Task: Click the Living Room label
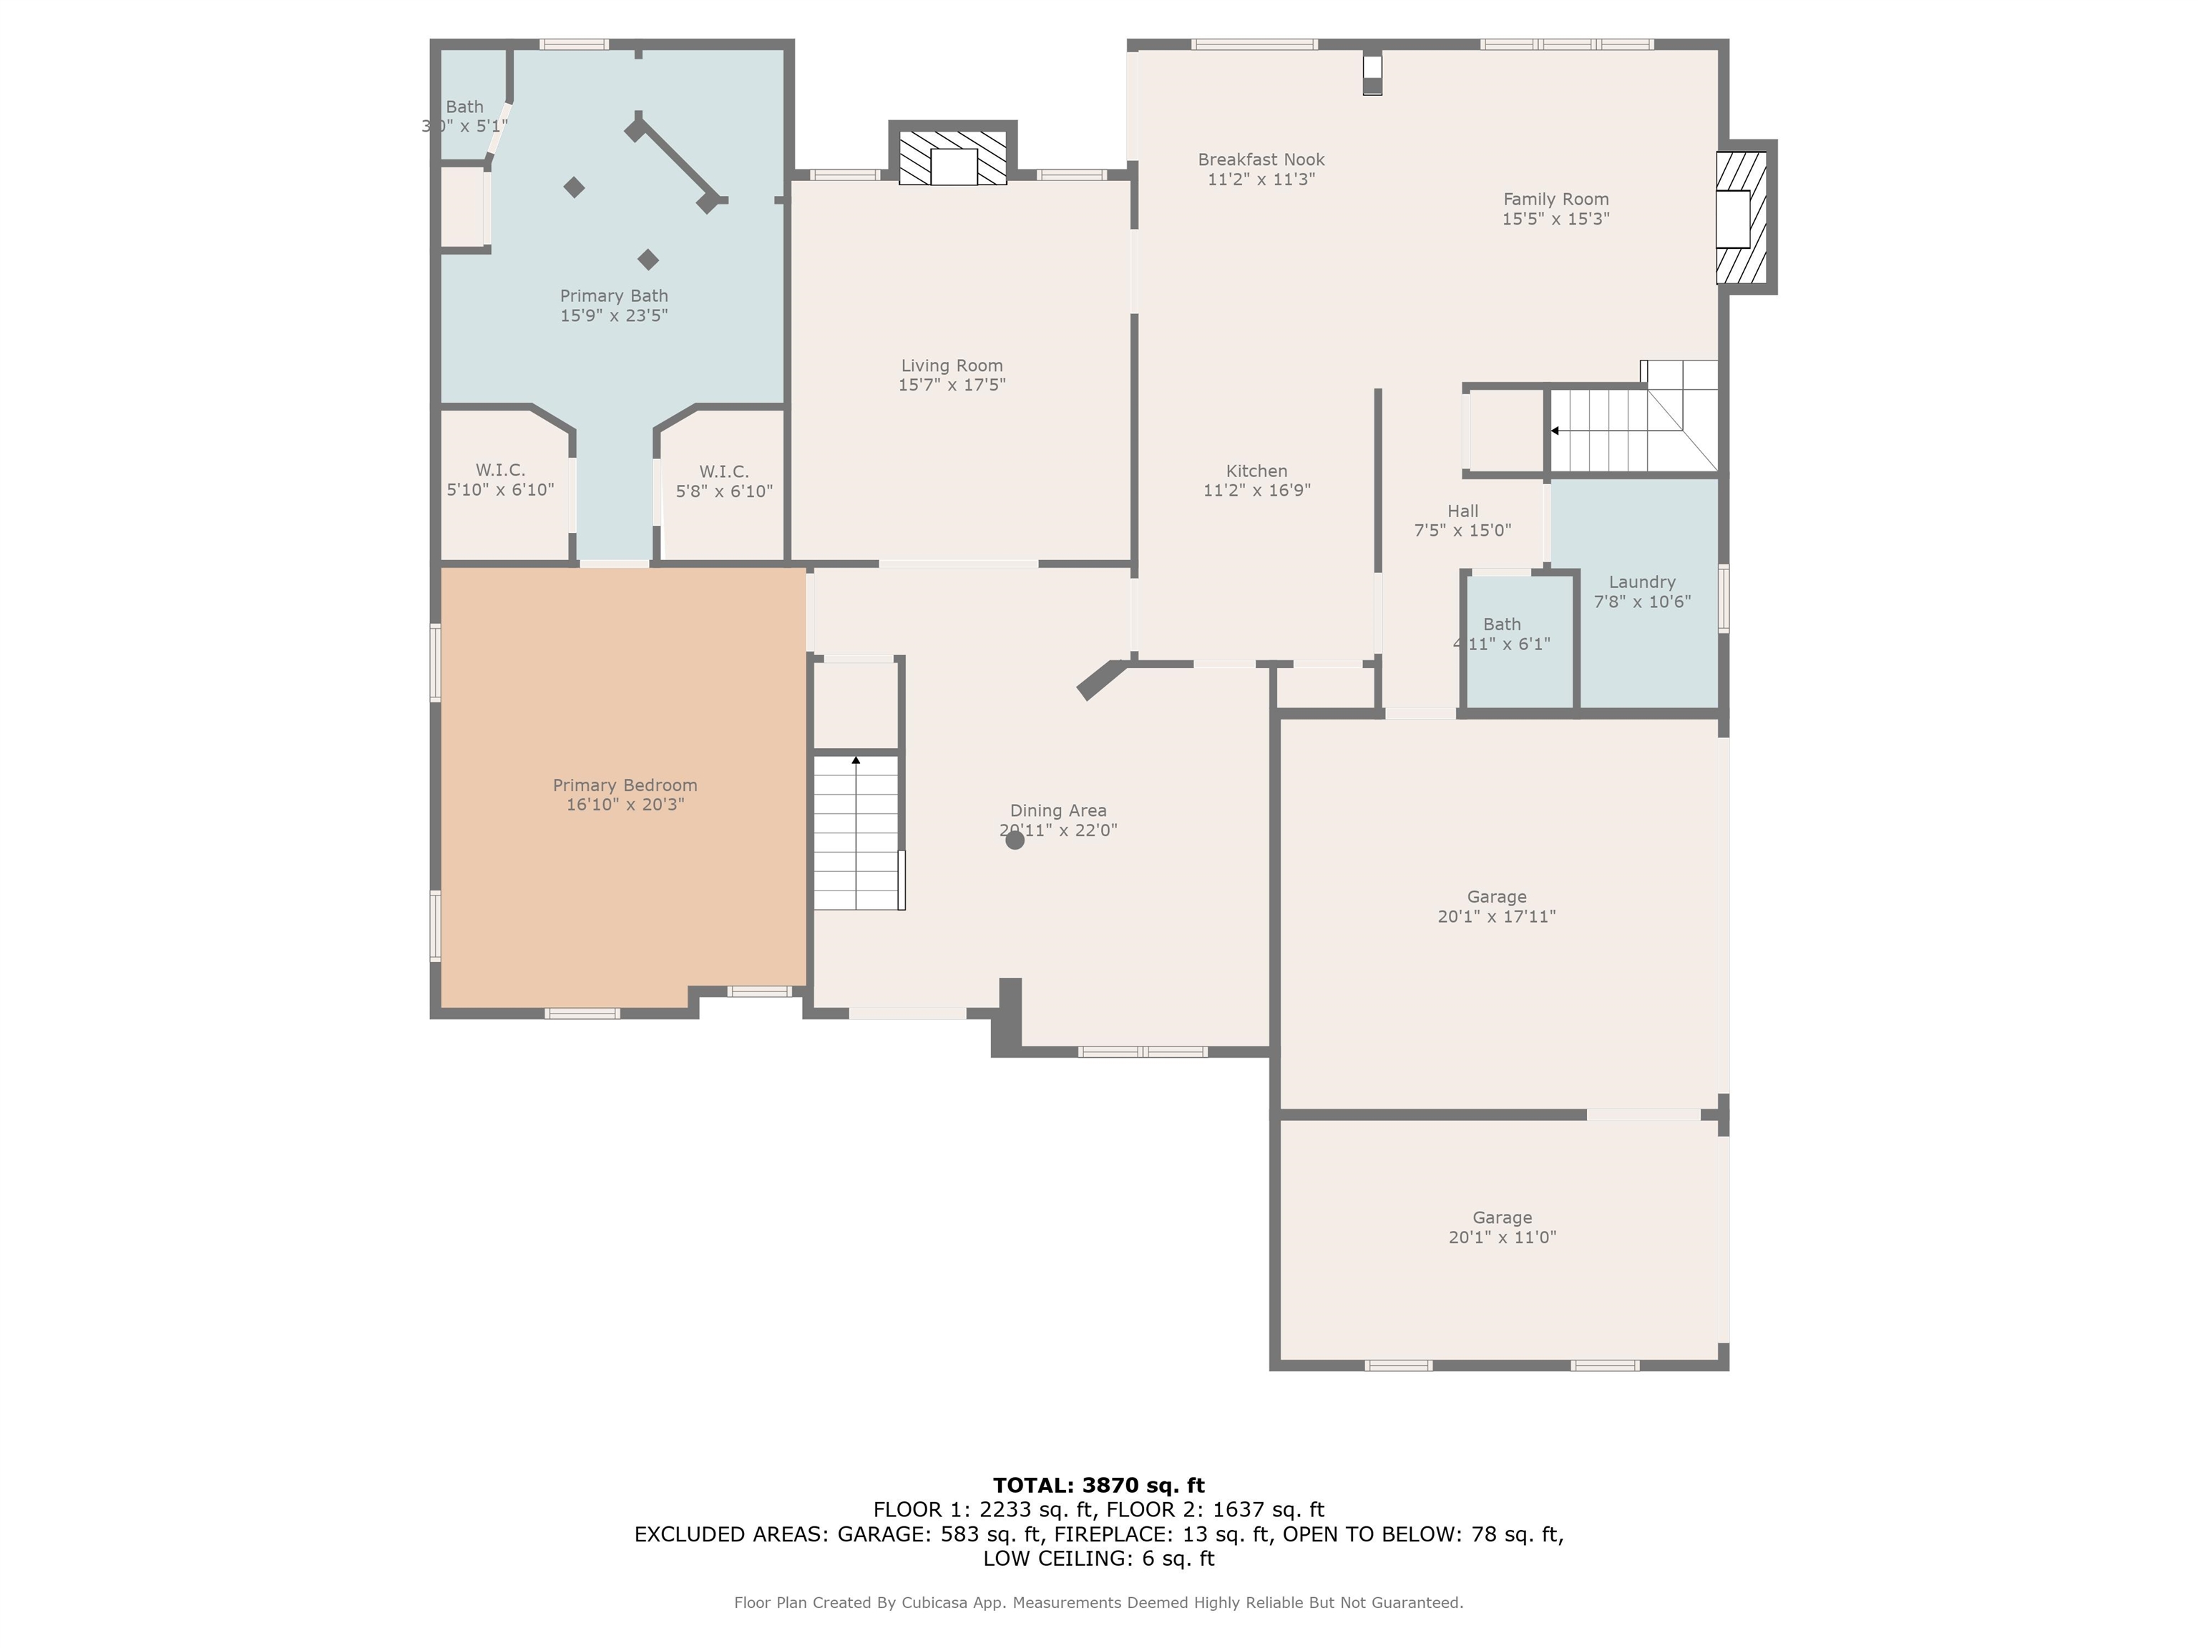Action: click(951, 366)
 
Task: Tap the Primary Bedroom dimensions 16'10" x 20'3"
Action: click(625, 805)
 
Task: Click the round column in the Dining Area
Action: click(1015, 840)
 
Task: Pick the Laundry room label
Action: click(1641, 582)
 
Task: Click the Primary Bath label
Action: click(613, 296)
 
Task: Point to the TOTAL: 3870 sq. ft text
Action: click(1098, 1485)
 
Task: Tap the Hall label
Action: click(1462, 511)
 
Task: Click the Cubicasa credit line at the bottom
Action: click(1098, 1602)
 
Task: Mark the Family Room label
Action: click(1555, 199)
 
